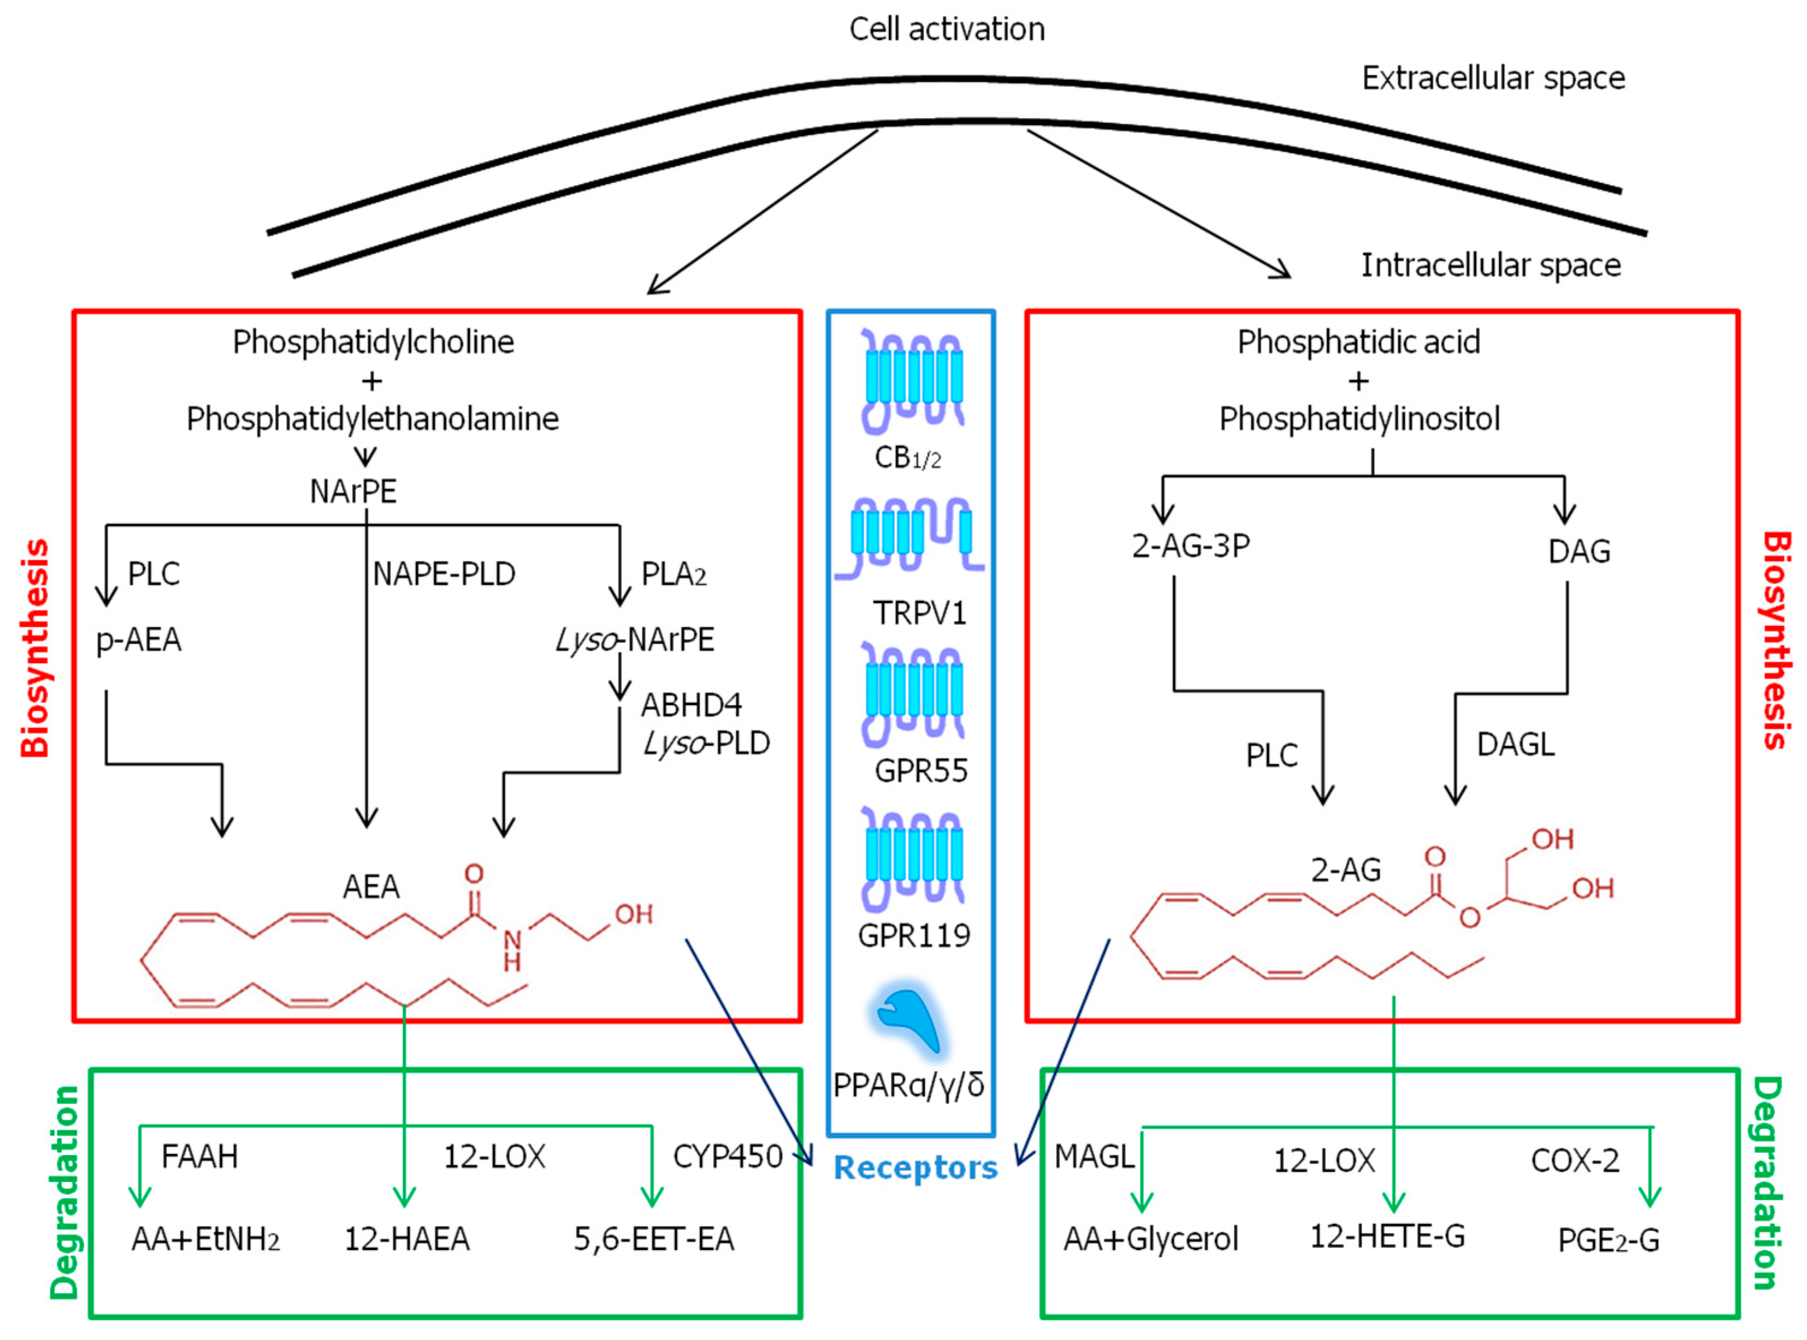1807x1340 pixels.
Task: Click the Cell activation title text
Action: [x=946, y=29]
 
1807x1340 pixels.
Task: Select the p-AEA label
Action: [x=139, y=640]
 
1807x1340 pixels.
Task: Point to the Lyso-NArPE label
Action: [x=635, y=640]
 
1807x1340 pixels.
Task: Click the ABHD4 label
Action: [x=691, y=705]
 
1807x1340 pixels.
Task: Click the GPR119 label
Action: [x=914, y=935]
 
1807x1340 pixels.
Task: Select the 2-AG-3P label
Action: [x=1190, y=546]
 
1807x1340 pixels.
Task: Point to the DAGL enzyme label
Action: [x=1515, y=744]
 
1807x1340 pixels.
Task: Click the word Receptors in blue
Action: [x=916, y=1167]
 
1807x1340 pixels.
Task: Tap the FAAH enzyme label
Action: [x=200, y=1156]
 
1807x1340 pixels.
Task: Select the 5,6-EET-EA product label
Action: [x=654, y=1239]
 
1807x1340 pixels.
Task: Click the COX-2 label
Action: [x=1575, y=1161]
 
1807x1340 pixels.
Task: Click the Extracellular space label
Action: [x=1493, y=78]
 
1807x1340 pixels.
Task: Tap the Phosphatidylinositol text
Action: [x=1359, y=419]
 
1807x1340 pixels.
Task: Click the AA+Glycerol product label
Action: [x=1151, y=1239]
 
